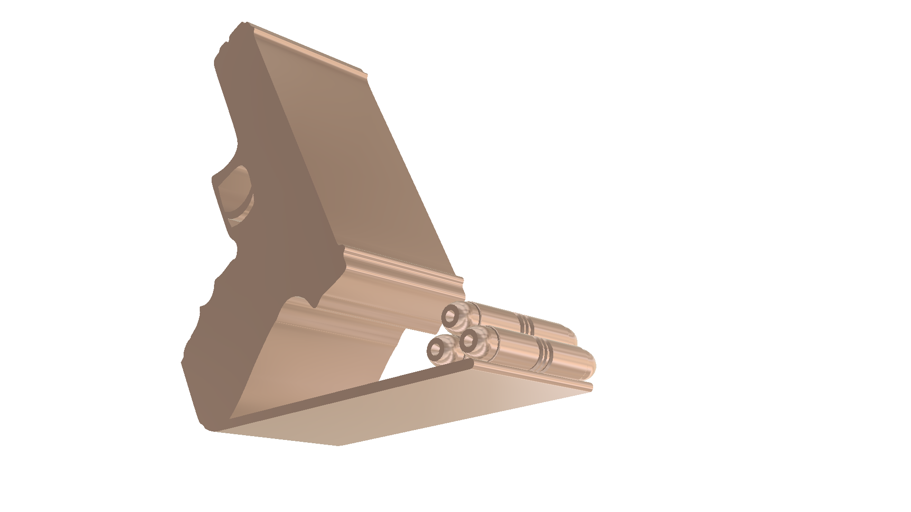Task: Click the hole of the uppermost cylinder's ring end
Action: pyautogui.click(x=450, y=315)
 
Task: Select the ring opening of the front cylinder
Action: pyautogui.click(x=469, y=340)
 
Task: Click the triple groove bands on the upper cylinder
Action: pyautogui.click(x=526, y=325)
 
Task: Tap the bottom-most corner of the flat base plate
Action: pyautogui.click(x=338, y=445)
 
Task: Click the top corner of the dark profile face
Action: pyautogui.click(x=243, y=24)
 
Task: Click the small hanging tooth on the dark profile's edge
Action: pyautogui.click(x=315, y=303)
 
